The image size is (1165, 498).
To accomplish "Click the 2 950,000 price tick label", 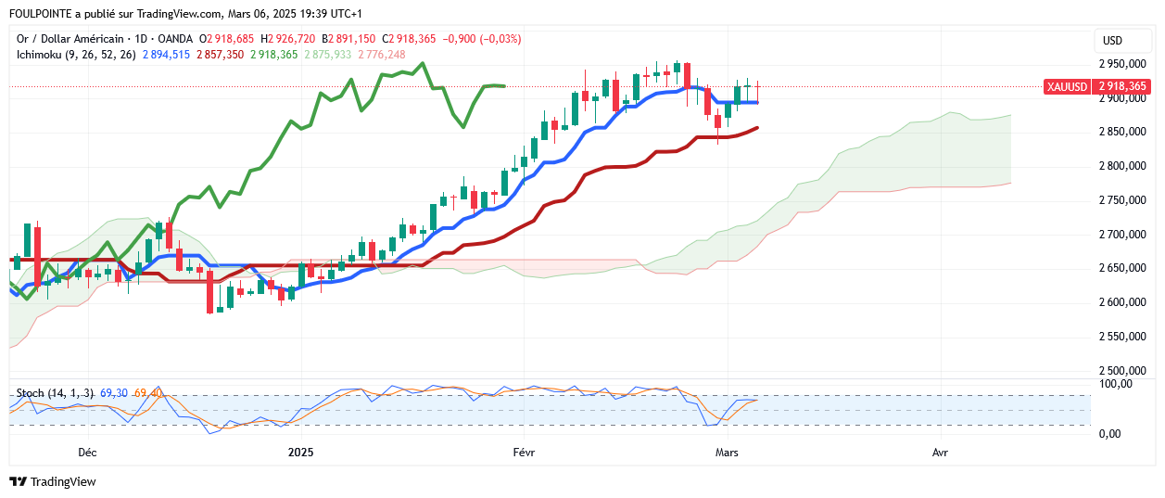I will [1121, 65].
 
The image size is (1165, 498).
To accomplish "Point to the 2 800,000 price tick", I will [1121, 167].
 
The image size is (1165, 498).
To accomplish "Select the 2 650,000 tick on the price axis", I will [1121, 269].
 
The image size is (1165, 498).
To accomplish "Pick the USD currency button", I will [1112, 41].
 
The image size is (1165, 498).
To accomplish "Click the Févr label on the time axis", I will [524, 453].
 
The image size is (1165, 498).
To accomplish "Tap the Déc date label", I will [87, 453].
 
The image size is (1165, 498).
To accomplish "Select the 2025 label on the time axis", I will [301, 453].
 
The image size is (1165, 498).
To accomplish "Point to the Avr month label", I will [940, 453].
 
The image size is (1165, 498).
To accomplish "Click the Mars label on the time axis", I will [728, 453].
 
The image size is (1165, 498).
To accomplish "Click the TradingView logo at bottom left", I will [54, 482].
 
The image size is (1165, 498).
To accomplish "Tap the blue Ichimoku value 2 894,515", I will [166, 55].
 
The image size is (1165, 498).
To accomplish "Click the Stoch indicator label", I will [31, 393].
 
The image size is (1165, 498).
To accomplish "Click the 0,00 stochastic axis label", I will [1109, 433].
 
